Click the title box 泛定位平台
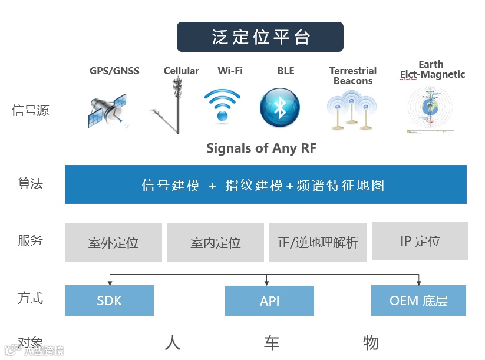pos(260,37)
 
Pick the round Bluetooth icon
pos(280,107)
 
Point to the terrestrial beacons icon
pos(352,110)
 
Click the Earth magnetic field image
pos(430,109)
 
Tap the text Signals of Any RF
pos(261,148)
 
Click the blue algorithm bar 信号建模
pos(265,185)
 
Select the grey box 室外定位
pos(113,243)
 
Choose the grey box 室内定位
pos(216,243)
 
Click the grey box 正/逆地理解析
pos(318,242)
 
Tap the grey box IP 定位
pos(420,241)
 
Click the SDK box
pos(109,300)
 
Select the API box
pos(269,300)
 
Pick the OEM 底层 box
pos(418,300)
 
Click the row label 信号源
pos(31,110)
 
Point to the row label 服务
pos(31,240)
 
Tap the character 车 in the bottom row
pos(271,343)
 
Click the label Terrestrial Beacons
pos(353,76)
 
